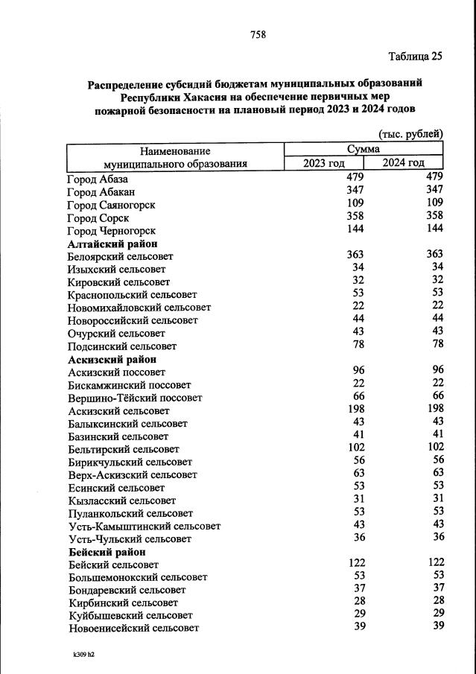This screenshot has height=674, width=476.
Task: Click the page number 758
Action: click(258, 34)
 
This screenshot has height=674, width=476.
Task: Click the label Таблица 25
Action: click(416, 57)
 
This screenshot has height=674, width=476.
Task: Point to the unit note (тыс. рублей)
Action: click(410, 134)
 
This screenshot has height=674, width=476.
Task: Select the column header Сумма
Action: click(364, 150)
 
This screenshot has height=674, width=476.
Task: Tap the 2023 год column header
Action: click(323, 163)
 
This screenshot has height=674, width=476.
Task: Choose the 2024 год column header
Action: click(404, 163)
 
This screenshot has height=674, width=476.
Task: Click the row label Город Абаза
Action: click(98, 179)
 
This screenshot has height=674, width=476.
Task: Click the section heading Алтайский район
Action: click(112, 244)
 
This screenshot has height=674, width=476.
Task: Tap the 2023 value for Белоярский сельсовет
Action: click(354, 255)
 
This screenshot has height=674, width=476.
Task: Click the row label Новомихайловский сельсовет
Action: click(139, 307)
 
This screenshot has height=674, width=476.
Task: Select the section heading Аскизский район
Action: click(112, 359)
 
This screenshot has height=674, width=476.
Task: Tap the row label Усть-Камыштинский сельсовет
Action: click(144, 526)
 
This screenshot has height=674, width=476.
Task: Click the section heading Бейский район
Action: click(107, 552)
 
